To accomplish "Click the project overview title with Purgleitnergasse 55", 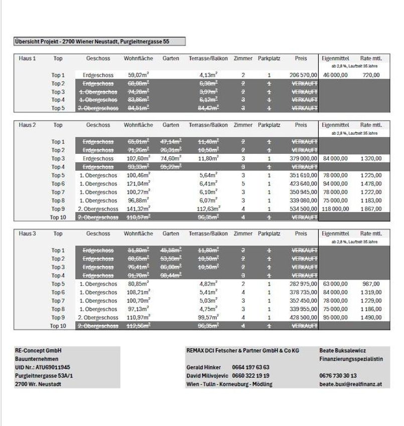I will click(x=100, y=42).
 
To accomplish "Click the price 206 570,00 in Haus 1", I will click(x=304, y=75).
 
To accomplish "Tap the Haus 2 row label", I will click(x=27, y=125).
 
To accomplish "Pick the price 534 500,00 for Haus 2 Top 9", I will click(x=304, y=208).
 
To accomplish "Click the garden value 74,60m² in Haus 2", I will click(x=171, y=158).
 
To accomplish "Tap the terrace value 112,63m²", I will click(x=208, y=208).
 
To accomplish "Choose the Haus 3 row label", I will click(x=27, y=234).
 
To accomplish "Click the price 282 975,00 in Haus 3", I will click(x=304, y=284).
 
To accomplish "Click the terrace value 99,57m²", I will click(x=208, y=317).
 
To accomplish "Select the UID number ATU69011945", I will click(x=43, y=367).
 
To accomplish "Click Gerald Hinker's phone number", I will click(x=251, y=367).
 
